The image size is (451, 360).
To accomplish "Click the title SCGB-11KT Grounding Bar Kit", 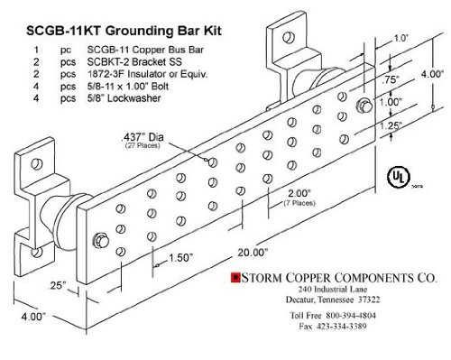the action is coord(124,31).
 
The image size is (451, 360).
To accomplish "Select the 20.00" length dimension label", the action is coord(253,252).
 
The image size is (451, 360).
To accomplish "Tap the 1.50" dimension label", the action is coord(180,257).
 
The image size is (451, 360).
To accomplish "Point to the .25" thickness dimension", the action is coord(57,285).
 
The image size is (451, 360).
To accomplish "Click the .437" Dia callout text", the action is coord(143,137).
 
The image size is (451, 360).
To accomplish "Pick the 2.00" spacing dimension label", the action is coord(299,193).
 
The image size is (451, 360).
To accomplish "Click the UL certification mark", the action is coord(398,177).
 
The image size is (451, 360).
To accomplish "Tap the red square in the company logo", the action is coord(235,277).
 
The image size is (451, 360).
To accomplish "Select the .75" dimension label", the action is coord(391,80).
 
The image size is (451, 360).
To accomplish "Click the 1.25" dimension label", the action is coord(391,125).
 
